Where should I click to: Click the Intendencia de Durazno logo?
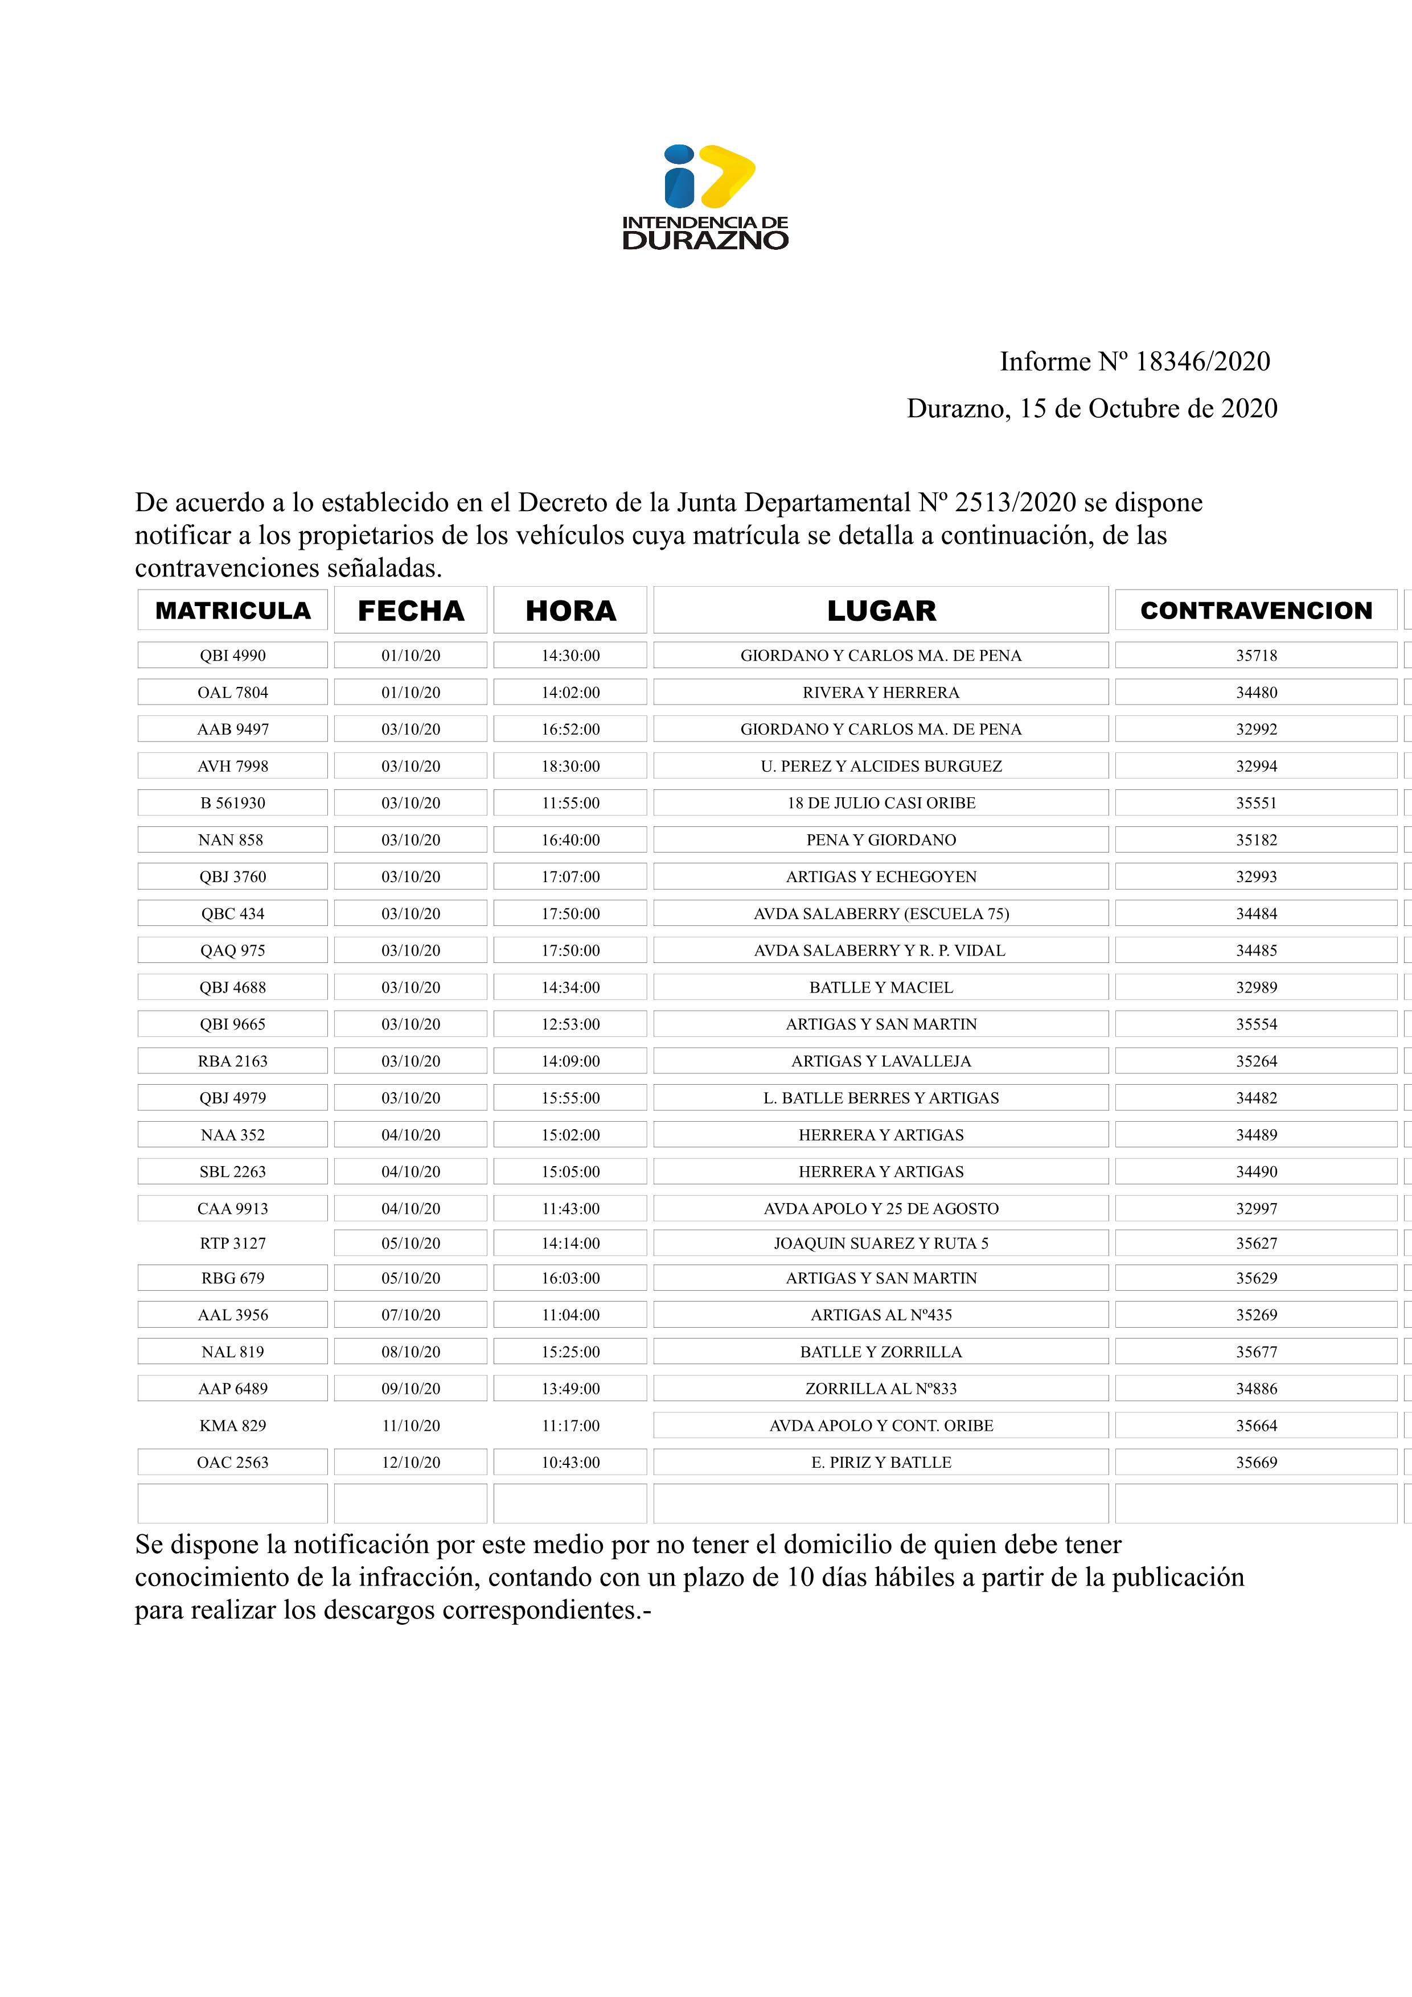click(705, 197)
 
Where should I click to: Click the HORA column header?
click(570, 611)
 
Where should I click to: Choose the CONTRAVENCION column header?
click(1255, 611)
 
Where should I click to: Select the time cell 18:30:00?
click(570, 766)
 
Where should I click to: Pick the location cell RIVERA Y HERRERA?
click(880, 693)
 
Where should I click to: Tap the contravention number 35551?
click(1256, 803)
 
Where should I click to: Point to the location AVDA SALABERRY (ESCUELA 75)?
click(880, 913)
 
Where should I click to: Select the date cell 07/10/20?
click(411, 1315)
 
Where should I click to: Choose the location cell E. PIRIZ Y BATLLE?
click(880, 1462)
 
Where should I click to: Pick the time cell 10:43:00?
click(570, 1462)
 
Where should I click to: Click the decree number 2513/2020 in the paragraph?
click(1015, 503)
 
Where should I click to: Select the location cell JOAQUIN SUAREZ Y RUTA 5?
click(880, 1243)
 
